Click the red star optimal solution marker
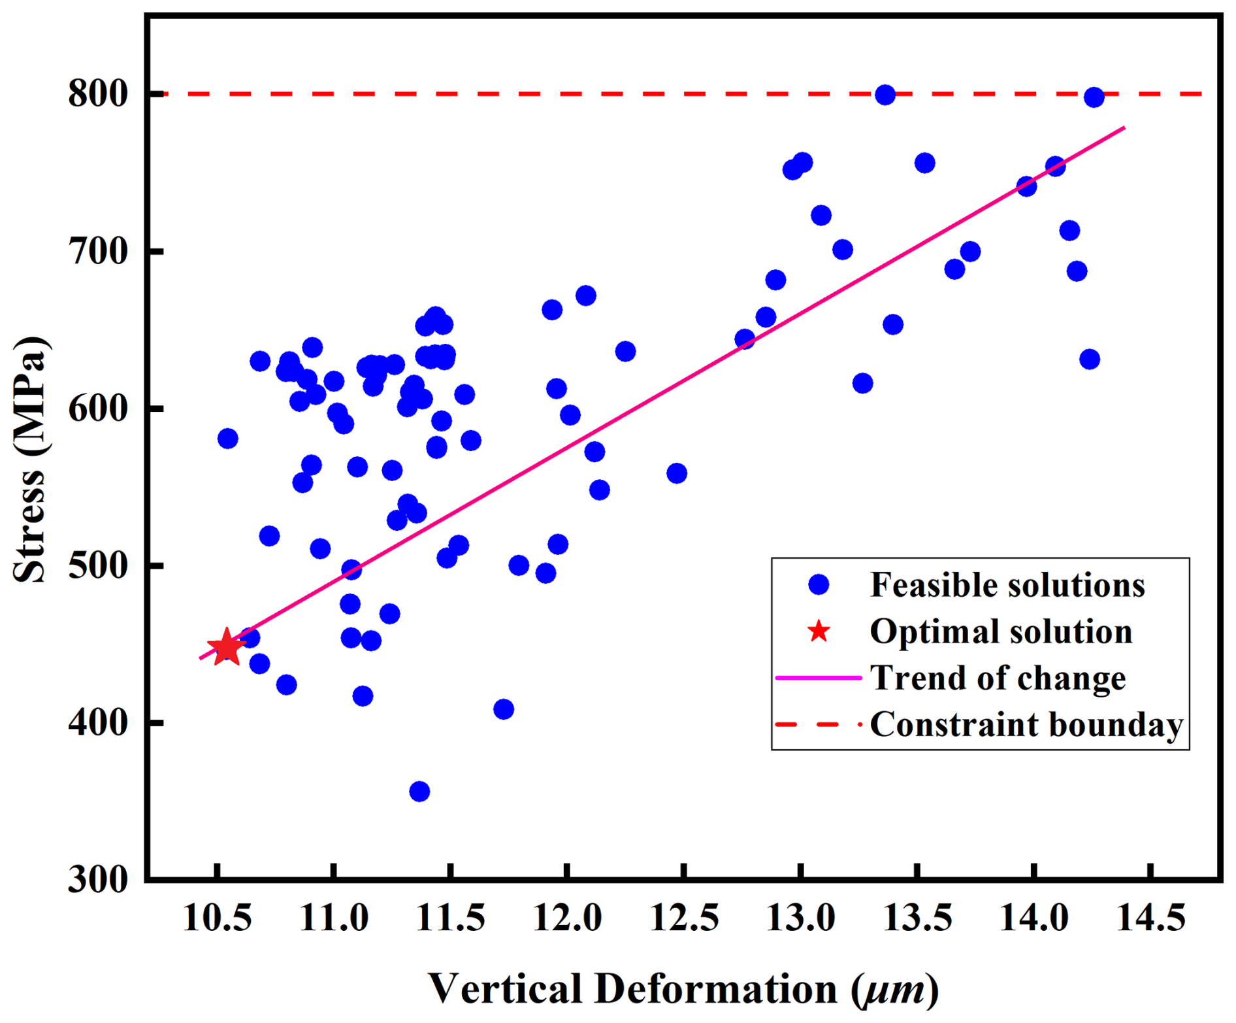point(226,647)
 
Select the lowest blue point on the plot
point(419,792)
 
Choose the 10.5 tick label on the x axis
point(217,918)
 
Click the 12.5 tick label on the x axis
point(684,918)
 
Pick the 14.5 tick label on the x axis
point(1151,918)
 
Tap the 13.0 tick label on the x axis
point(800,918)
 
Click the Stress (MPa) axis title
point(30,460)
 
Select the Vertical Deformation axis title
point(683,988)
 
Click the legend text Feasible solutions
point(1007,585)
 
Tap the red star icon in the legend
point(818,631)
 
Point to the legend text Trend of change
point(998,678)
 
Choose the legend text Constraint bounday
point(1026,724)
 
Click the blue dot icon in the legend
point(818,584)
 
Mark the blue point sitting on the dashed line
point(885,95)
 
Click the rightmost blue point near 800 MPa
point(1094,97)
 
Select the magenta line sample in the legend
point(818,678)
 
